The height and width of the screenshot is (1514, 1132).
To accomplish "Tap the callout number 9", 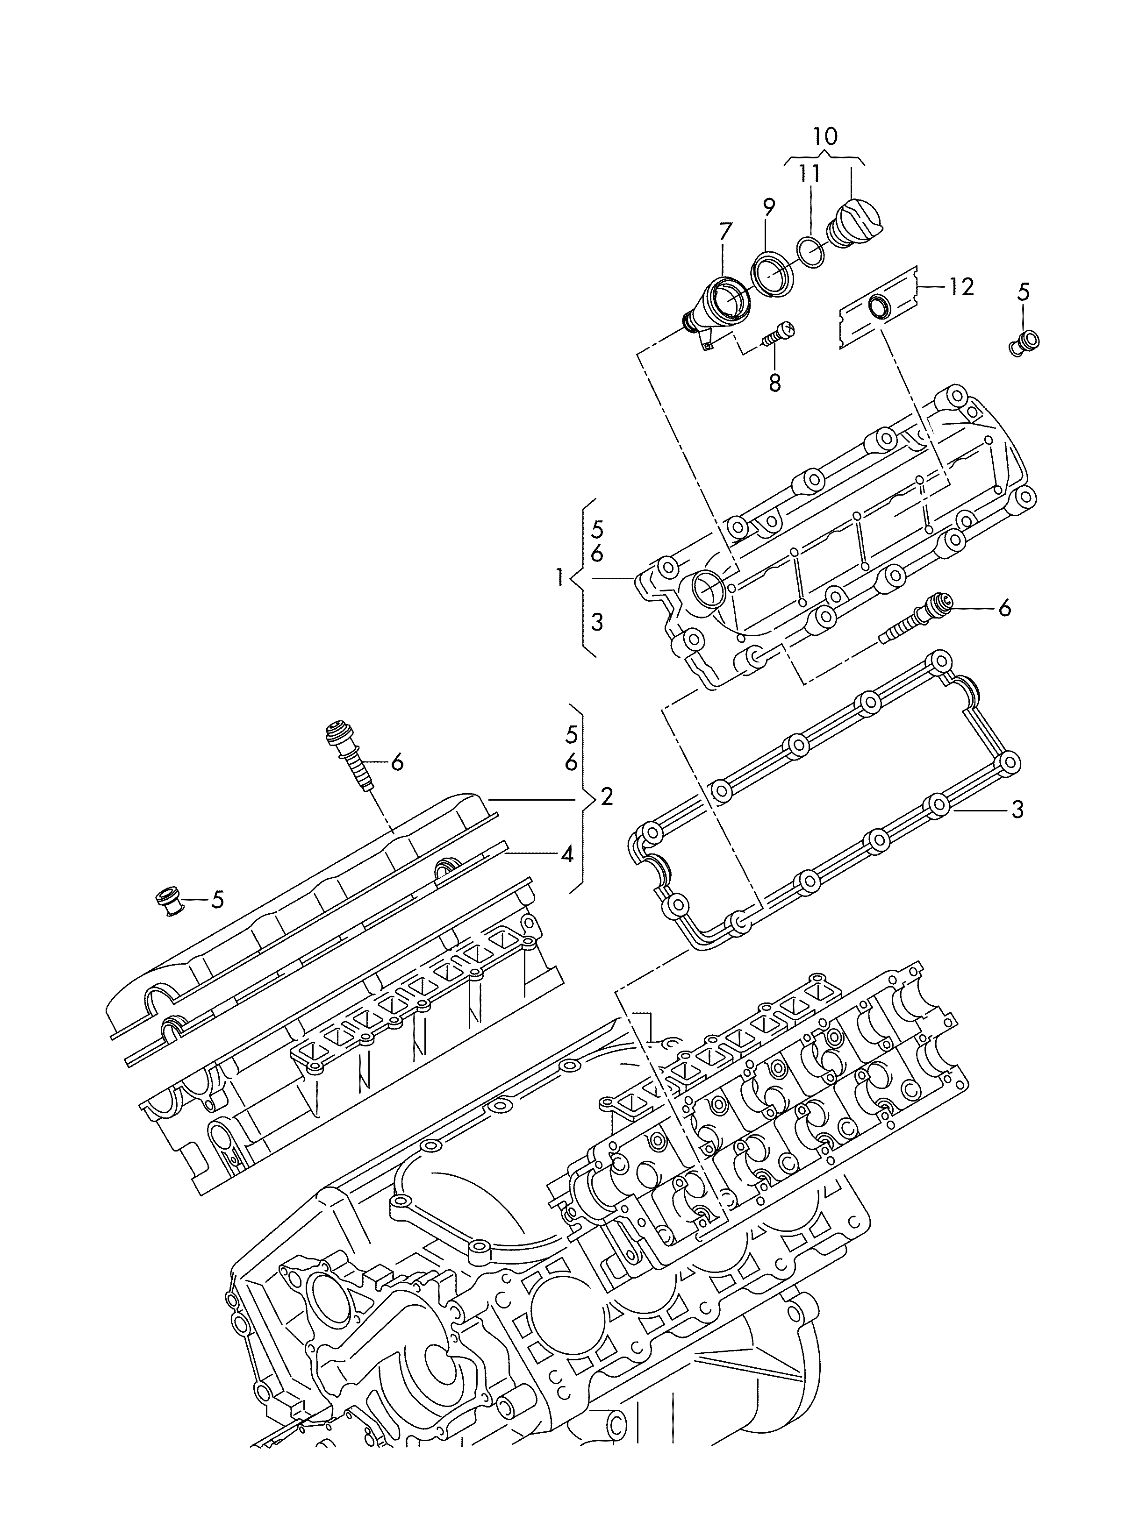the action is [768, 206].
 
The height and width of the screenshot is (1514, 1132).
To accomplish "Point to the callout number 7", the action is [724, 232].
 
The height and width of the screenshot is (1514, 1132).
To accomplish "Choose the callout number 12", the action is [961, 287].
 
